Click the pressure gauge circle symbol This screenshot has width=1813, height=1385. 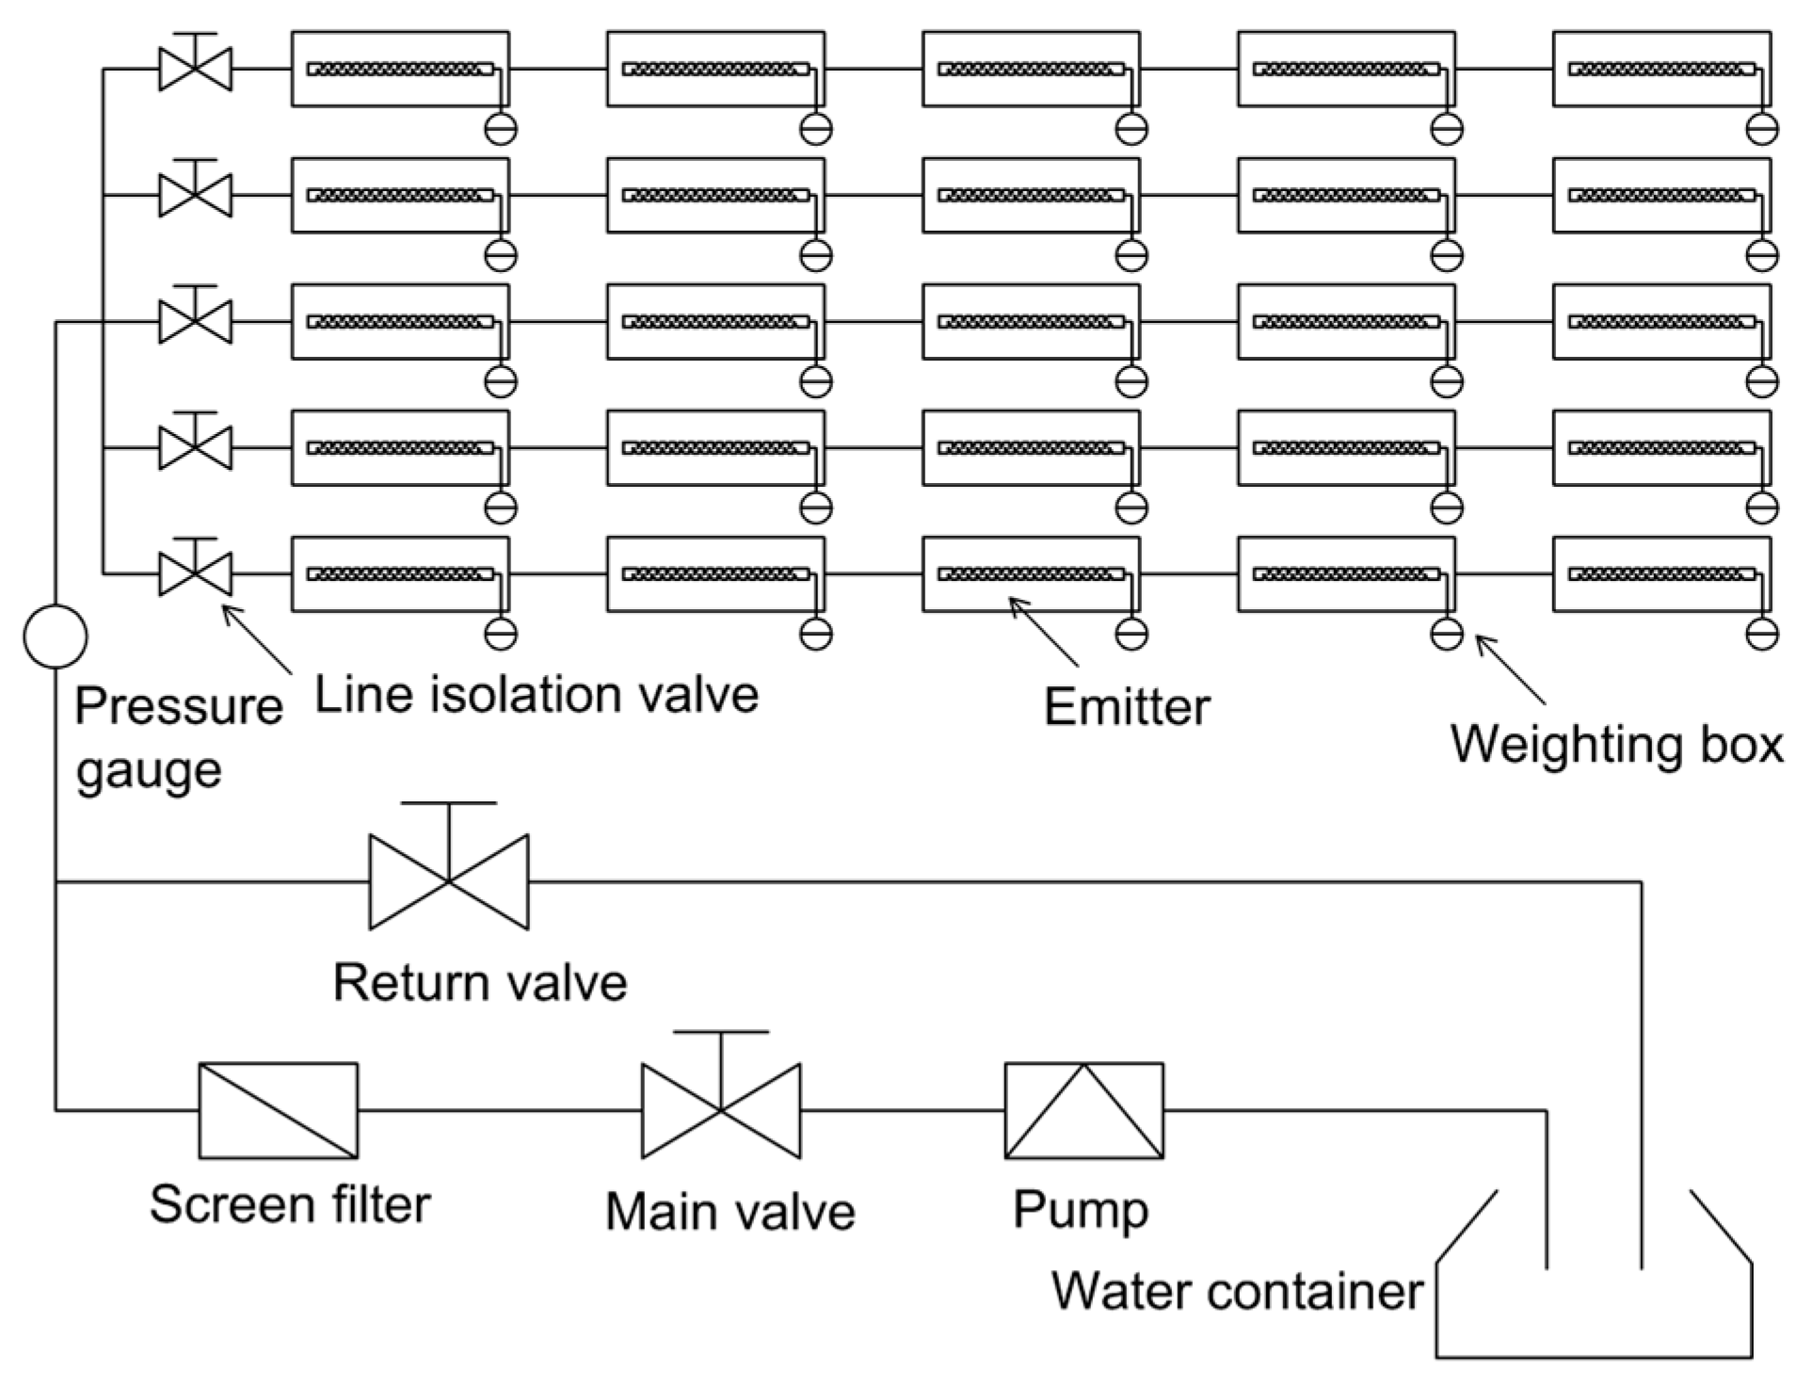tap(56, 636)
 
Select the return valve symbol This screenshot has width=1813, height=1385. tap(449, 880)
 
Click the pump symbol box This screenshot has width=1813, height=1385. tap(1083, 1110)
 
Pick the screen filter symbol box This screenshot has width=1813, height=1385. tap(279, 1110)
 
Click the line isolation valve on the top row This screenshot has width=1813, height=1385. tap(195, 68)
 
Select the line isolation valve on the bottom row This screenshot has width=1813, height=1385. tap(195, 572)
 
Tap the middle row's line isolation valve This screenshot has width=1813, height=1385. tap(195, 320)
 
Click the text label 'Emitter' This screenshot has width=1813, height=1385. tap(1127, 706)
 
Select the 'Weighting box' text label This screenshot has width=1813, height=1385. tap(1616, 744)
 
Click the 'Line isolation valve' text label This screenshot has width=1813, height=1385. tap(537, 695)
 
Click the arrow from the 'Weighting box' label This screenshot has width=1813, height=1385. tap(1510, 669)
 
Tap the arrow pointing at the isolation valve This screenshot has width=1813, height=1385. tap(257, 639)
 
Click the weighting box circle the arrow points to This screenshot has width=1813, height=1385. tap(1446, 634)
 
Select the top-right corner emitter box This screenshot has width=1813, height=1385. tap(1661, 69)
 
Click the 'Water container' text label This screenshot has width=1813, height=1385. tap(1237, 1290)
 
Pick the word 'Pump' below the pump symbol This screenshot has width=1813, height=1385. tap(1081, 1210)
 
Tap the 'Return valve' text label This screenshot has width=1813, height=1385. tap(480, 982)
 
